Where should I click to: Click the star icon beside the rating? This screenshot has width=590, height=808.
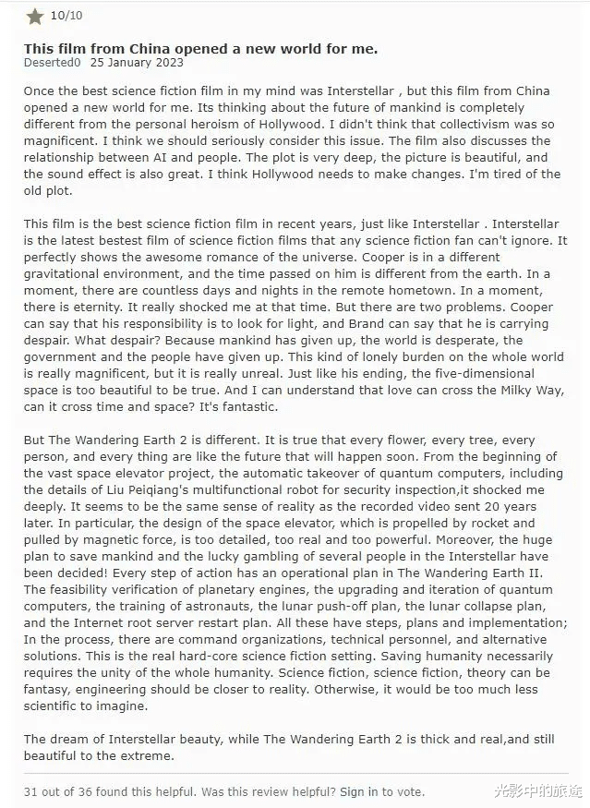(x=35, y=17)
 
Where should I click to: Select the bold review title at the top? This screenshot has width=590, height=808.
(x=200, y=48)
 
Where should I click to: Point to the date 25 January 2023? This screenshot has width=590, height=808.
(x=137, y=63)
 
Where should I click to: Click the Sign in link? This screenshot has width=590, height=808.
(x=358, y=791)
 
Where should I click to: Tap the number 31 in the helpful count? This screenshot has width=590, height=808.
(x=31, y=791)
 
